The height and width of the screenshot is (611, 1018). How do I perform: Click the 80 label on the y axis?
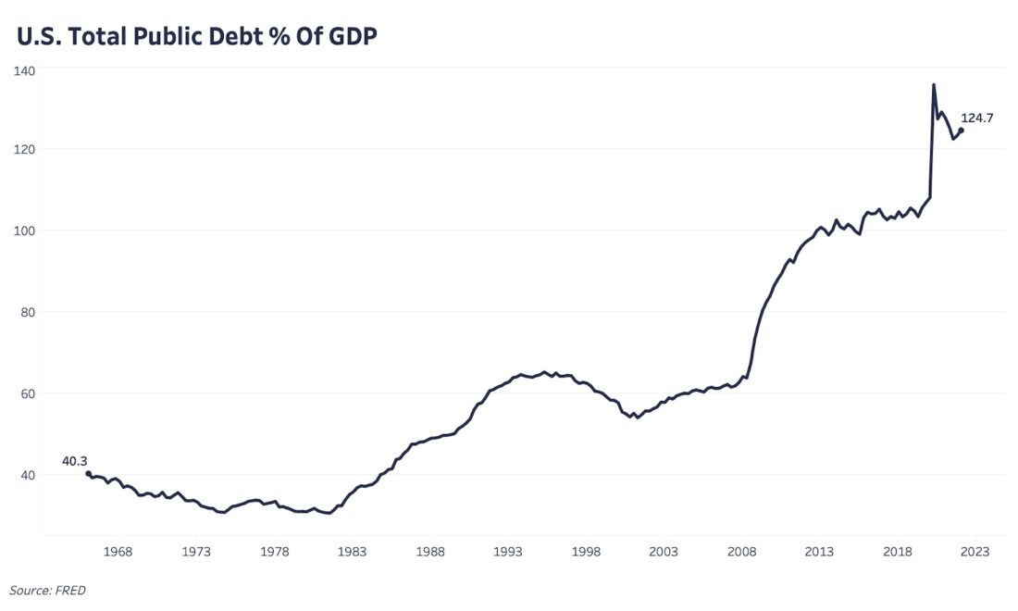click(27, 312)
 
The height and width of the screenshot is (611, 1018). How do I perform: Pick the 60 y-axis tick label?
click(27, 393)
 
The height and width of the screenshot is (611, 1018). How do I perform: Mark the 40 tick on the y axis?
click(27, 475)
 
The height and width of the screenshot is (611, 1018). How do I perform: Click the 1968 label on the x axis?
click(118, 552)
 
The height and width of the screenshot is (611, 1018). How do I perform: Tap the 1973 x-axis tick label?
click(196, 552)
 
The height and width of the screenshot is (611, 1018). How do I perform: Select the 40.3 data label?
click(75, 460)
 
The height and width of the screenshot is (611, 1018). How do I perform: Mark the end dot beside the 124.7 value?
click(961, 131)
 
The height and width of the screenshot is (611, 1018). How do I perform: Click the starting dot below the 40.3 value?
click(88, 474)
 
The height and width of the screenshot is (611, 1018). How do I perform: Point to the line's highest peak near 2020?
click(933, 85)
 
